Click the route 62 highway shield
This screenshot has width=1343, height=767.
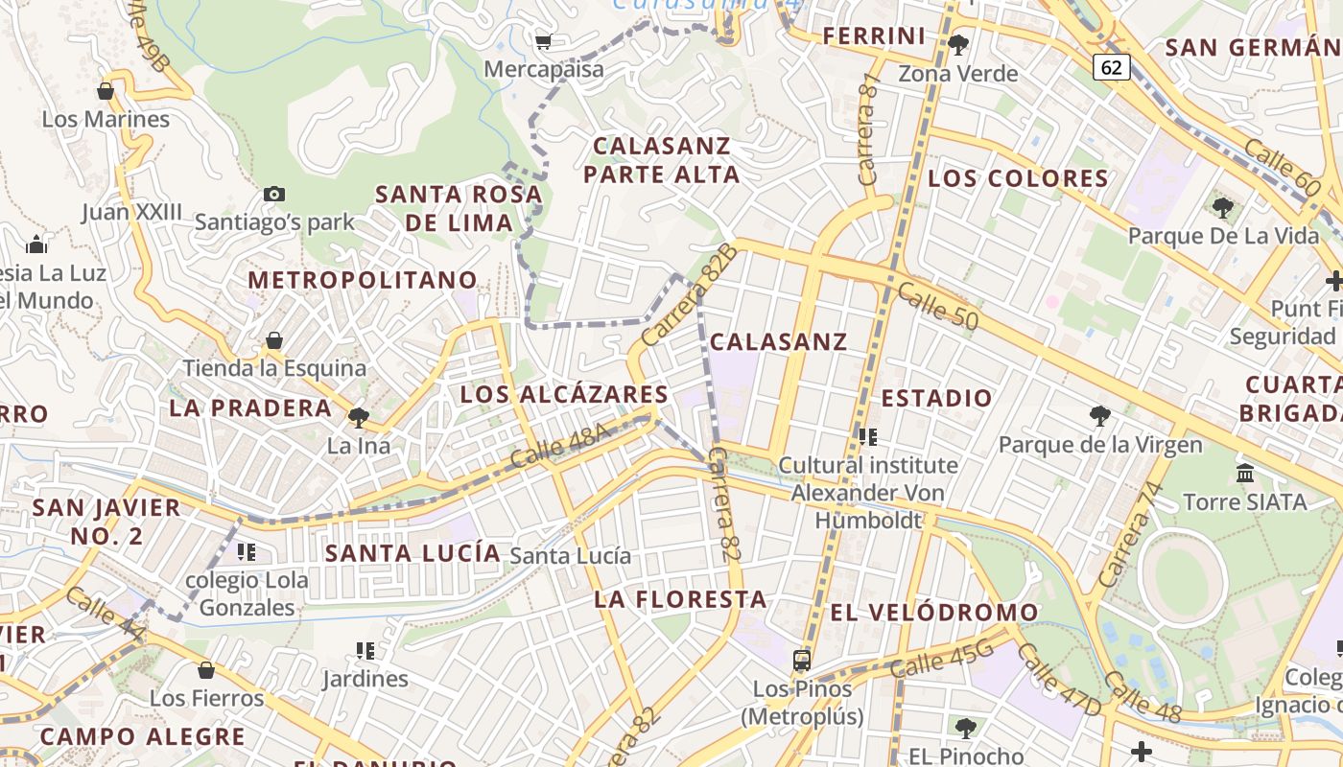(x=1111, y=67)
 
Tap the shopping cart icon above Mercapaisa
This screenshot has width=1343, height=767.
(x=543, y=41)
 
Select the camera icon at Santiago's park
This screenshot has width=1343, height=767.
(x=274, y=194)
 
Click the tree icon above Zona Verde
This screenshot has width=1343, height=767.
(x=957, y=44)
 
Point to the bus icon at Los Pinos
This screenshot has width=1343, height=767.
(x=802, y=660)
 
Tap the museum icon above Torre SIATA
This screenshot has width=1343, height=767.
(x=1245, y=473)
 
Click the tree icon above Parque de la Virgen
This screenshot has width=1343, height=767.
(x=1100, y=416)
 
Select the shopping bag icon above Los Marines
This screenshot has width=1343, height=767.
(x=106, y=91)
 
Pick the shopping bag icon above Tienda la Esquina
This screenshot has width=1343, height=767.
(x=274, y=340)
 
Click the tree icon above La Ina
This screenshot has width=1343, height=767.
(x=359, y=417)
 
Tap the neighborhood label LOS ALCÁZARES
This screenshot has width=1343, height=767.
(x=564, y=394)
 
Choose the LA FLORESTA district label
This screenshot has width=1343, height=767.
(x=681, y=599)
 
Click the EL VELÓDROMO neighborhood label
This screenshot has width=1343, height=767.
(x=934, y=612)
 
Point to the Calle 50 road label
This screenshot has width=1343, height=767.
(x=938, y=306)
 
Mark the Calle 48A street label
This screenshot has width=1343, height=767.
(x=560, y=446)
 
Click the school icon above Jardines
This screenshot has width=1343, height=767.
(x=365, y=651)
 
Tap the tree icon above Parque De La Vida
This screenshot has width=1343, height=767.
(x=1222, y=207)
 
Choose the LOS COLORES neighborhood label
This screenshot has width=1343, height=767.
(x=1019, y=178)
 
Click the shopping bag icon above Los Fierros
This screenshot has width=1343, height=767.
(x=206, y=669)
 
